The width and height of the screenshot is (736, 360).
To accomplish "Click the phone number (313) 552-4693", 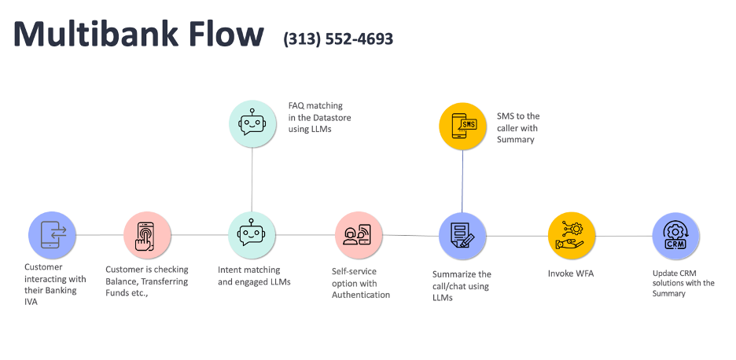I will pyautogui.click(x=338, y=39).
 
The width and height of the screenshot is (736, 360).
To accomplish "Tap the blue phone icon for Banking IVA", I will pyautogui.click(x=52, y=234).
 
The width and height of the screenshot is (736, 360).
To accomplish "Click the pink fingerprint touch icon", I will pyautogui.click(x=147, y=235).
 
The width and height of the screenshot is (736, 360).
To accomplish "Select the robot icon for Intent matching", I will pyautogui.click(x=252, y=235).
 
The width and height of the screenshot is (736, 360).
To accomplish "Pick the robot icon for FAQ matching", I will pyautogui.click(x=252, y=123).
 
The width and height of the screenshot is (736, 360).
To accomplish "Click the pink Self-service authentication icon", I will pyautogui.click(x=358, y=235).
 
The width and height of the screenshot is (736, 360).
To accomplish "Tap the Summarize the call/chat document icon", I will pyautogui.click(x=462, y=236).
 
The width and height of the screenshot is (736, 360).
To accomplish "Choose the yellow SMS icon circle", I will pyautogui.click(x=462, y=125).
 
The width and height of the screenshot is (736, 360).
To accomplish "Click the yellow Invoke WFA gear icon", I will pyautogui.click(x=571, y=236).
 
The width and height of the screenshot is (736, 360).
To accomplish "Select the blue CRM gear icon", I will pyautogui.click(x=675, y=236).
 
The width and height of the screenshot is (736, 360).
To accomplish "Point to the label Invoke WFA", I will pyautogui.click(x=571, y=274).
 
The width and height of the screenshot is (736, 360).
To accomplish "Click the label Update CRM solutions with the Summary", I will pyautogui.click(x=683, y=283).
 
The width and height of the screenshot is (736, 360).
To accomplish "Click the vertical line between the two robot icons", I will pyautogui.click(x=252, y=179).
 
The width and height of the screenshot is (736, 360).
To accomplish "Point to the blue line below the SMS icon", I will pyautogui.click(x=462, y=181).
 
